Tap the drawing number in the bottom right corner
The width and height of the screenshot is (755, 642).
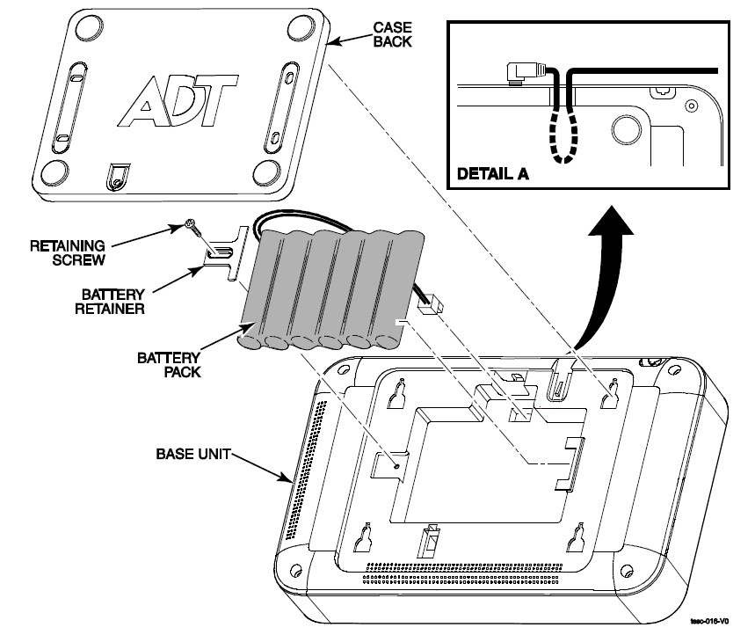[709, 621]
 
